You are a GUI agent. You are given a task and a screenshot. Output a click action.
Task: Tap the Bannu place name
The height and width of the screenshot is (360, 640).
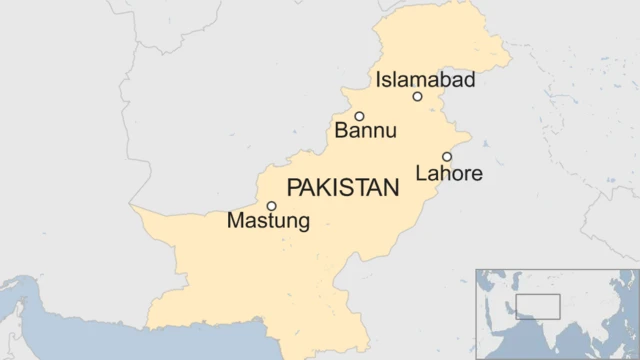[x=366, y=131]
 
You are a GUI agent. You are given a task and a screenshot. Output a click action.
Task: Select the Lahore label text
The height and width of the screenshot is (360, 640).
[x=449, y=174]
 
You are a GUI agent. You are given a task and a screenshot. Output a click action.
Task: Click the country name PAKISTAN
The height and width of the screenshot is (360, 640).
[x=342, y=188]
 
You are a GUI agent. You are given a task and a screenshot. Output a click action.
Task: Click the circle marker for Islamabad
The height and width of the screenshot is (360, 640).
[x=417, y=97]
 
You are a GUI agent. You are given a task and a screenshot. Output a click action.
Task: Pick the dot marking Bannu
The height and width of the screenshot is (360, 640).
[x=359, y=116]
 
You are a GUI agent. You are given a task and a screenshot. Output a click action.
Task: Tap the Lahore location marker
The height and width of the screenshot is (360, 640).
[x=447, y=157]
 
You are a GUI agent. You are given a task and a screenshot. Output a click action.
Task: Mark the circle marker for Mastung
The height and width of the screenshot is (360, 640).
[x=271, y=206]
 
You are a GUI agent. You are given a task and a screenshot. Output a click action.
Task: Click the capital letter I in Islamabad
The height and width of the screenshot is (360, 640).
[x=378, y=80]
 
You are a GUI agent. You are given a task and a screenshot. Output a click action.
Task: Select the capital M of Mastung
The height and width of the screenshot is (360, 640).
[x=235, y=220]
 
